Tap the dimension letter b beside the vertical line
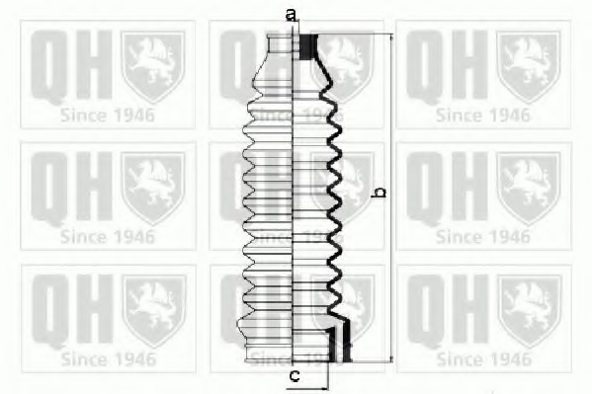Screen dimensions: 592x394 (x=379, y=193)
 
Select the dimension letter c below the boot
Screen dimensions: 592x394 (x=295, y=375)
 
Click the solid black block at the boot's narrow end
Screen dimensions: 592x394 (x=308, y=46)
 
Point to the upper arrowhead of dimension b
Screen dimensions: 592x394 (x=391, y=38)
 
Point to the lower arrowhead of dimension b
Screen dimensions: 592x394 (x=391, y=358)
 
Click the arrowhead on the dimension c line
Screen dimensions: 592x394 (x=324, y=388)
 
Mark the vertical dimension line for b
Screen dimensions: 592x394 (x=391, y=198)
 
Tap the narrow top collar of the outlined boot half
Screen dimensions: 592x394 (x=280, y=43)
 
